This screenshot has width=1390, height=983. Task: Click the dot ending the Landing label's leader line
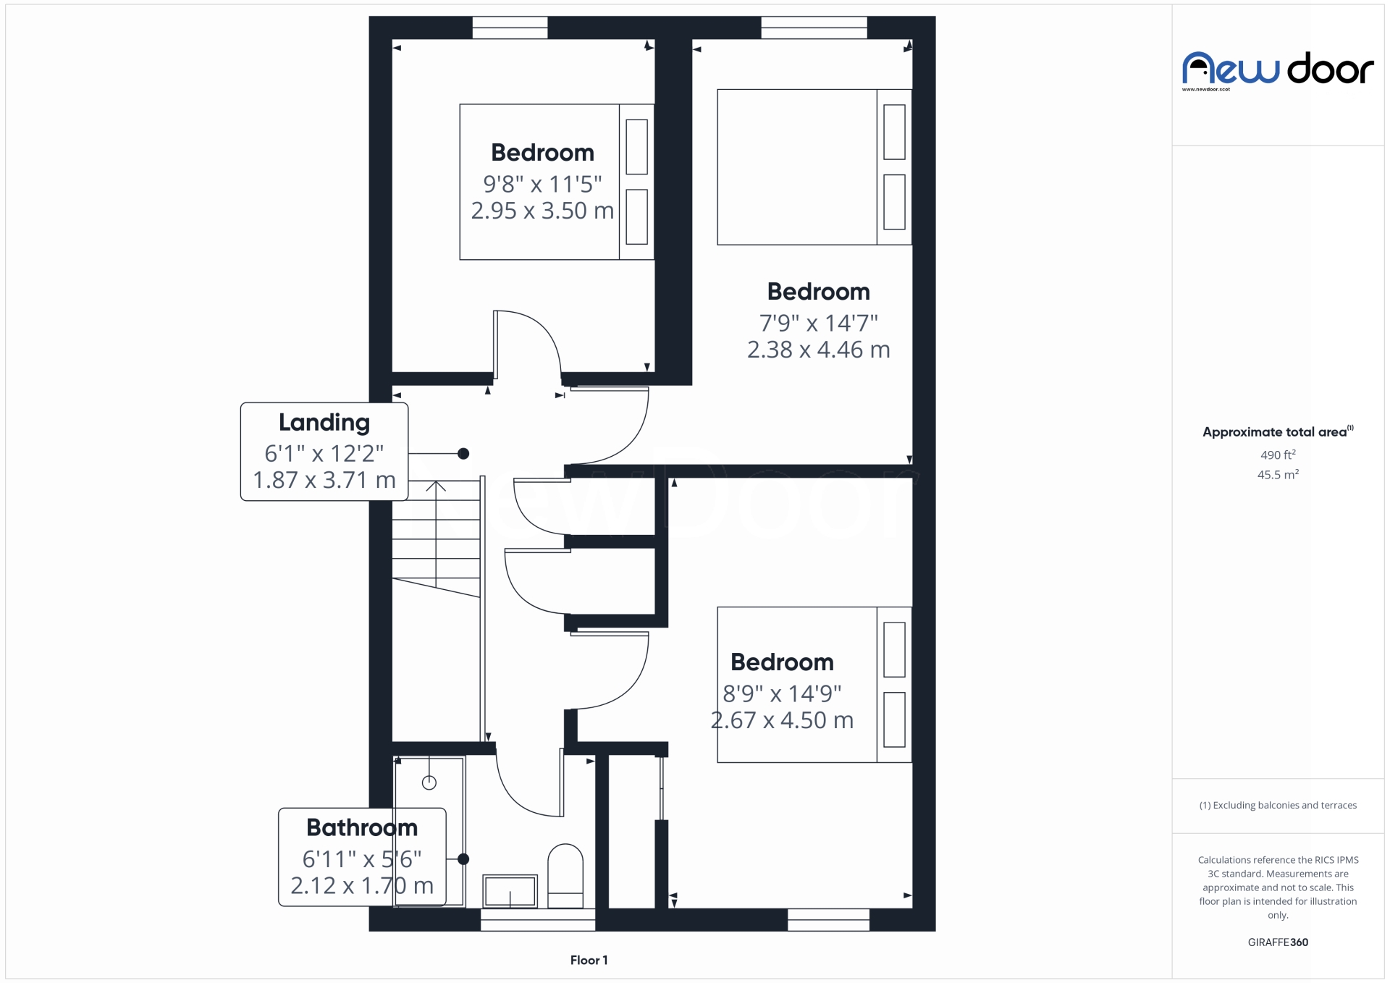coord(463,454)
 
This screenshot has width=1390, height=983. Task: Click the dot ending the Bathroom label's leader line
coord(463,859)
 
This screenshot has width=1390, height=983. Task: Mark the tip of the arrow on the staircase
coord(436,481)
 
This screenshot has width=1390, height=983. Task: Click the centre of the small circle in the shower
coord(429,782)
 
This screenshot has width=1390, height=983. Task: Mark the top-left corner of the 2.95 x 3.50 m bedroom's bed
coord(460,104)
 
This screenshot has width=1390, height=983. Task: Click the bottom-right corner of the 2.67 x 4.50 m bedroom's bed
coord(911,762)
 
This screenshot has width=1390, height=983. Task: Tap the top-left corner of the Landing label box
coord(241,403)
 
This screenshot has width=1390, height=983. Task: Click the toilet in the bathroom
coord(565,876)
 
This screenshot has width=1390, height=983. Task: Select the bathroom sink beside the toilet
coord(510,890)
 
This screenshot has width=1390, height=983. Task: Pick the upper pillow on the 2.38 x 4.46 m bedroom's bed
coord(894,132)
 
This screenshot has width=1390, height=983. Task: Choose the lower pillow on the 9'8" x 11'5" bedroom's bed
coord(636,217)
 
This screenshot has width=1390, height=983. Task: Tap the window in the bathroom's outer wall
coord(538,919)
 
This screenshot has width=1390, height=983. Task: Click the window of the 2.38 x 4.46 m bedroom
coord(814,28)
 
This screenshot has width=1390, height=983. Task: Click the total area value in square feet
coord(1278,455)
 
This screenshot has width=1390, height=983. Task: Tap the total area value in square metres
coord(1278,475)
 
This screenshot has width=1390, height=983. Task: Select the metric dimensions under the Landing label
coord(324,480)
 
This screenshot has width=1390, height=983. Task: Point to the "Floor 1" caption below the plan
coord(589,960)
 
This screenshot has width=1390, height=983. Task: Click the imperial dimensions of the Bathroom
coord(362,859)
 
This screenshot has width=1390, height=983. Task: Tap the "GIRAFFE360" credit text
coord(1278,942)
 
